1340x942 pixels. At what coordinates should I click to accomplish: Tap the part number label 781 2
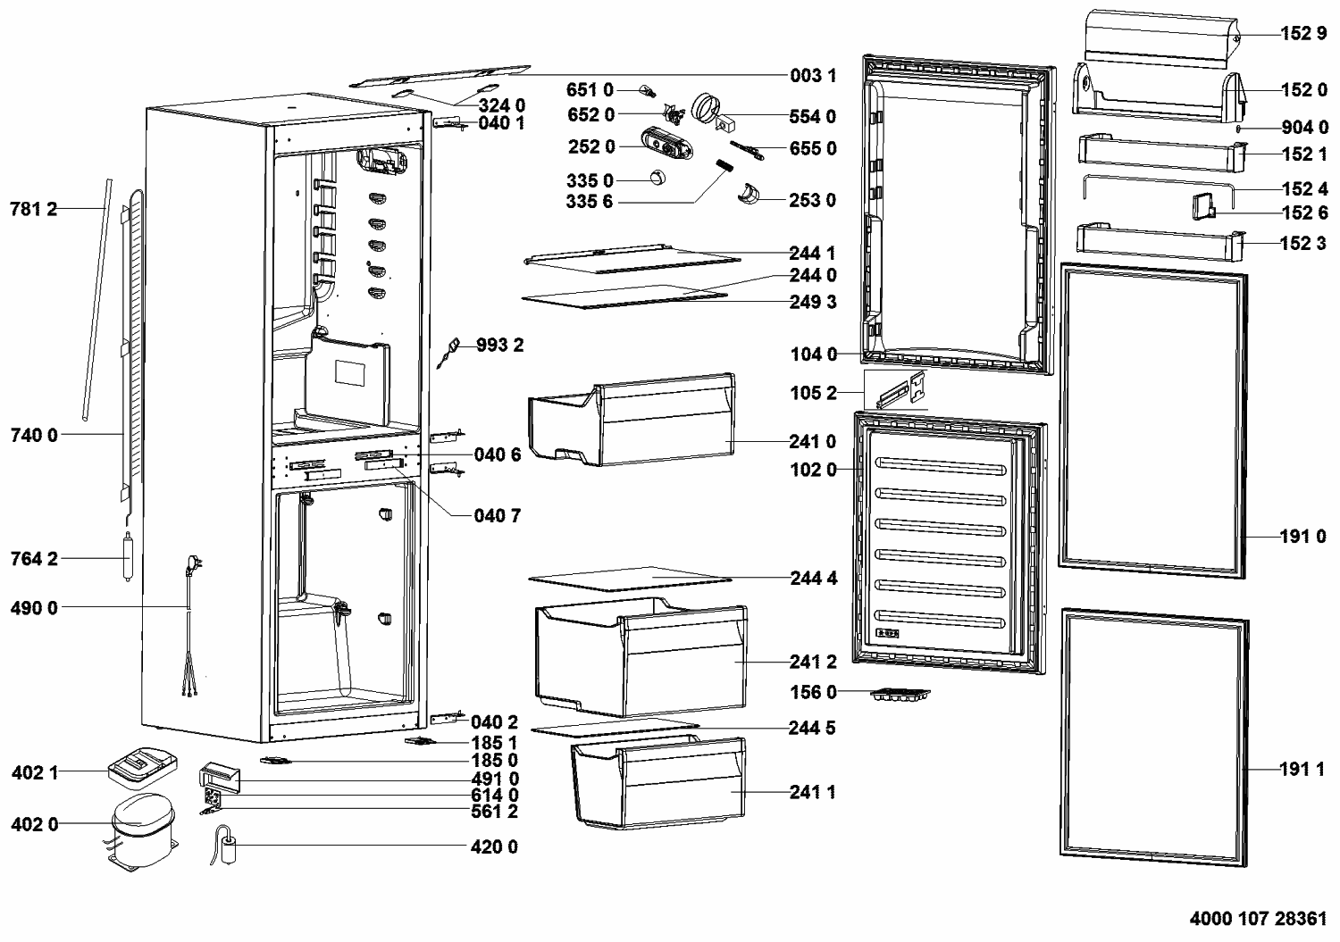point(33,210)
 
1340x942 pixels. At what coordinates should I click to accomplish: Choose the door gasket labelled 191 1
point(1153,737)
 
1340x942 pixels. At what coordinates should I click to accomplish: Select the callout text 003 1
point(813,76)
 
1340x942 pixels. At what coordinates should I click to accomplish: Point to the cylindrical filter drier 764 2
point(127,558)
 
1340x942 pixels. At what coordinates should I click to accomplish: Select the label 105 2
point(813,393)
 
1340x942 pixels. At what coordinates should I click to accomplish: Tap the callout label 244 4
point(813,579)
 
